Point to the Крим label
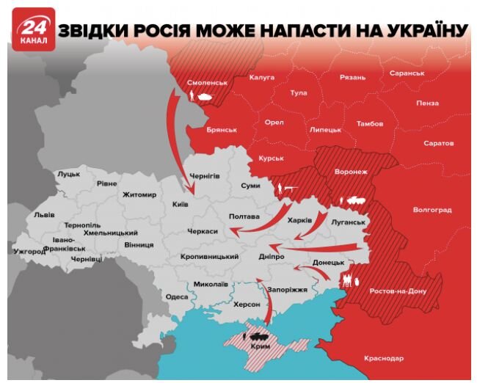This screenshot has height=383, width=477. (259, 346)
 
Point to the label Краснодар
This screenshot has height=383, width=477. (383, 358)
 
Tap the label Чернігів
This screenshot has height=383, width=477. (205, 177)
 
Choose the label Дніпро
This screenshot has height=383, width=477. (271, 258)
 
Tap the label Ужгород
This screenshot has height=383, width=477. (29, 251)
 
